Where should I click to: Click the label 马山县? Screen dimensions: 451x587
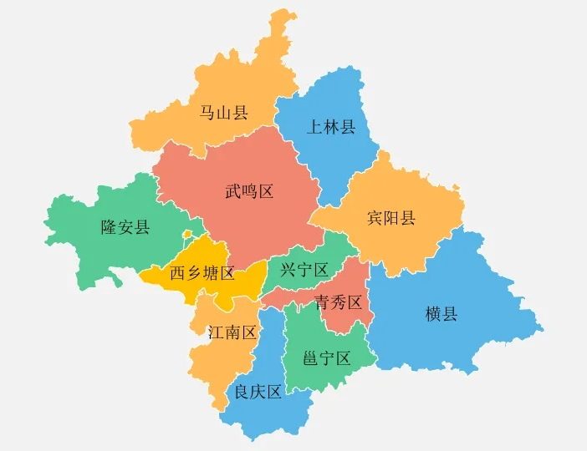point(224,113)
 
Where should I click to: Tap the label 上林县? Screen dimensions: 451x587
point(331,128)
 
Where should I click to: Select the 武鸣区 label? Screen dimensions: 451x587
point(250,192)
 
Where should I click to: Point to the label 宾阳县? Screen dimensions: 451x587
point(391,219)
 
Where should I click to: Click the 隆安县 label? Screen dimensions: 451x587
point(125,227)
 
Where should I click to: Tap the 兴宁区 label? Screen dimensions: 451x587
point(304,270)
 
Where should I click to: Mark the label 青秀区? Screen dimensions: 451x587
point(338,302)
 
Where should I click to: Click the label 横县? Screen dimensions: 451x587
point(442,314)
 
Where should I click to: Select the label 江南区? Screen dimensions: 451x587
point(232,332)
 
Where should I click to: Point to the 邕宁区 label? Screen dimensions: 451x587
point(326,359)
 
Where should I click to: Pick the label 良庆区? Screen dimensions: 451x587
point(258,393)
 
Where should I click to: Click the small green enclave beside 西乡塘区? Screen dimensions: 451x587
point(189,235)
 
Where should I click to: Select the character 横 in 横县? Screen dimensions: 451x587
point(433,314)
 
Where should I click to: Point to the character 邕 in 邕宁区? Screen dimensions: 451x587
point(310,359)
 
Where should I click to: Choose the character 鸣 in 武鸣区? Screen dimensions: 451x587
point(250,192)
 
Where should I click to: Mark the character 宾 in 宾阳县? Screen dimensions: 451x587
point(375,219)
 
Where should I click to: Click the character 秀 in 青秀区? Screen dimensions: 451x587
point(338,302)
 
